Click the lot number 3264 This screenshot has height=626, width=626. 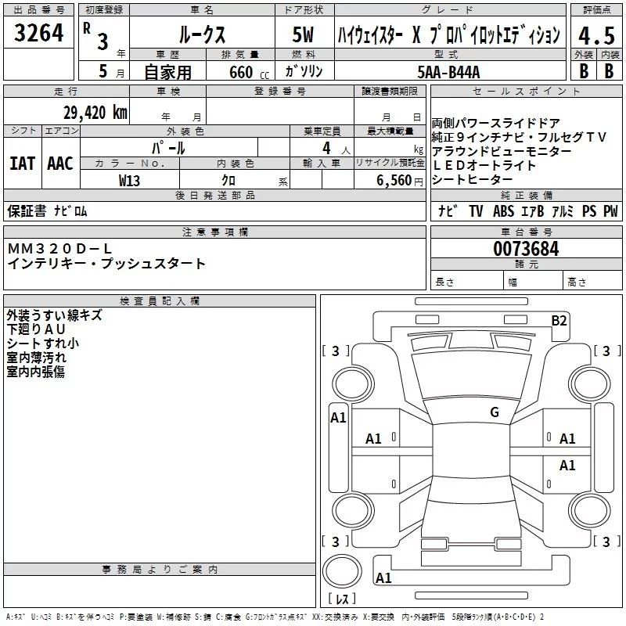coord(38,33)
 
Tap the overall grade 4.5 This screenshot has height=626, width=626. coord(596,36)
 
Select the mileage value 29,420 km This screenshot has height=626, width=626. coord(95,113)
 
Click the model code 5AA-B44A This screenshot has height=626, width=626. coord(448,72)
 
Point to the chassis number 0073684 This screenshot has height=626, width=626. coord(526,249)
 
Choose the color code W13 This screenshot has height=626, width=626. coord(129,181)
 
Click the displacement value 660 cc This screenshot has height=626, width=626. coord(249,72)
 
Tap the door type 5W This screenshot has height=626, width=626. coord(303,34)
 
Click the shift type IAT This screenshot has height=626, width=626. coord(23,164)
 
